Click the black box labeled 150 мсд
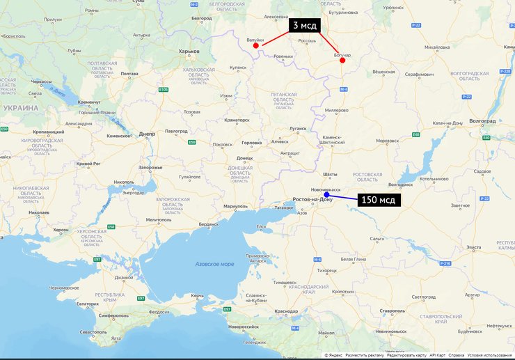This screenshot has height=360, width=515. pos(379,200)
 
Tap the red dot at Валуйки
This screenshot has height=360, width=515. pos(256,45)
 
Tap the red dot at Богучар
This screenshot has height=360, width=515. pos(342,61)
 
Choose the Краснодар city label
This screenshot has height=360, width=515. pos(286,311)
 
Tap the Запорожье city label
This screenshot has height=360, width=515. pos(150,167)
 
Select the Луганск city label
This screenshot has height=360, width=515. pos(297,129)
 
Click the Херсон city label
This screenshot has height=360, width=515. pos(61,229)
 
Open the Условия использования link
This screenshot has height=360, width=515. pos(490,355)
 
